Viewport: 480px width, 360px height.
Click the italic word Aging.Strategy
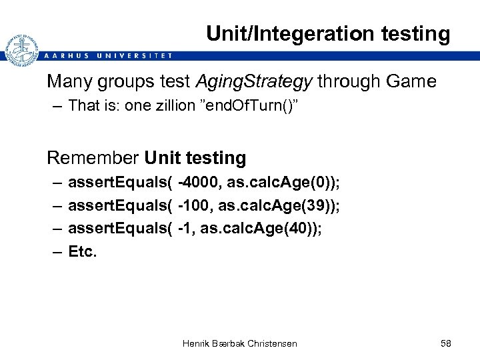click(x=253, y=82)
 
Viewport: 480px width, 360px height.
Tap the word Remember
click(x=92, y=158)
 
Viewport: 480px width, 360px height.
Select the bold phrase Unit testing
click(x=195, y=158)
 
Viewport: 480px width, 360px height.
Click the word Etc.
click(x=82, y=253)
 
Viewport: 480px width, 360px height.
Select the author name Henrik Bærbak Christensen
click(x=239, y=343)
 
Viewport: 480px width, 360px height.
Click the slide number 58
click(x=446, y=343)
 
